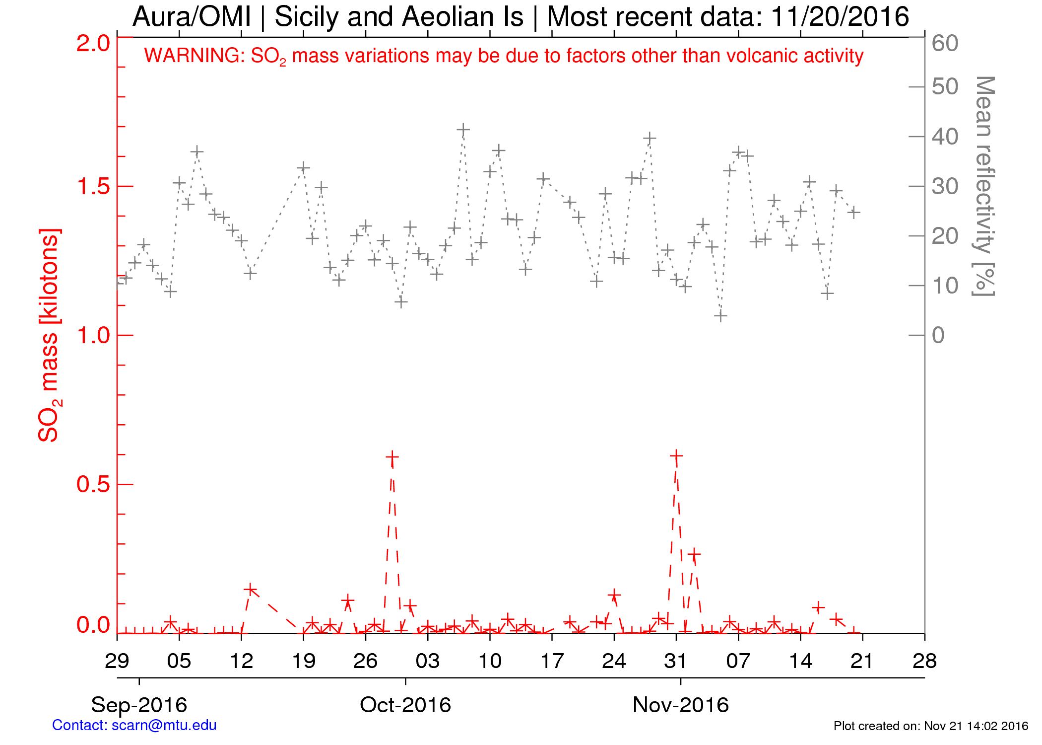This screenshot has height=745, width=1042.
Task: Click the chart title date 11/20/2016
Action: point(840,17)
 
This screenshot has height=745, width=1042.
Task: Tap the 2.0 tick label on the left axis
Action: point(93,43)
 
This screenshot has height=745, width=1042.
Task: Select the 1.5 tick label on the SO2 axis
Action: point(93,187)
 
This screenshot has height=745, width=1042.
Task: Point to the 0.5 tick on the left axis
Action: point(93,484)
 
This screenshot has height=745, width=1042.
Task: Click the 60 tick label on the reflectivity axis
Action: point(945,43)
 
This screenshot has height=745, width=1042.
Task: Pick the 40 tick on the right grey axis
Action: point(945,137)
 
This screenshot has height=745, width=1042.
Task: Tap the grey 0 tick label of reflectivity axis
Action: point(938,335)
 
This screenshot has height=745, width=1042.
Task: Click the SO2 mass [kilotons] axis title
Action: point(49,335)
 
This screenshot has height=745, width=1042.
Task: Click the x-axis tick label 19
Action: point(304,661)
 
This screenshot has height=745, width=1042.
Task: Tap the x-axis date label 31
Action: point(676,661)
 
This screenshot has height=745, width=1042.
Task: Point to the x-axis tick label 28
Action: point(924,661)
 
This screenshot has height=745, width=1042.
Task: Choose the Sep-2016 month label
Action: point(139,705)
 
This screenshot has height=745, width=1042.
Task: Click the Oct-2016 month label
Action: point(405,705)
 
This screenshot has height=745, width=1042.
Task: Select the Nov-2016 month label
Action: point(681,705)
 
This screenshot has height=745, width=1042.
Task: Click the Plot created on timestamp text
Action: point(931,726)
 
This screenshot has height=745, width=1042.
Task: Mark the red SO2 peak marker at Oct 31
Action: point(676,455)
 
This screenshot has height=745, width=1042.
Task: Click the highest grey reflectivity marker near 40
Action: point(463,130)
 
